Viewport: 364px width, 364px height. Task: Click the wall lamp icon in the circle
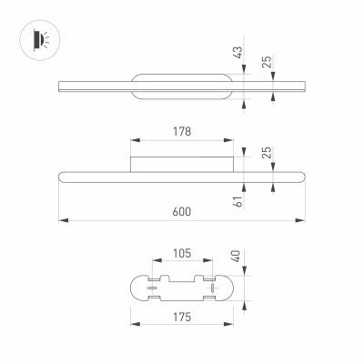pos(41,40)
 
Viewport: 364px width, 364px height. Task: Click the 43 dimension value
pos(238,52)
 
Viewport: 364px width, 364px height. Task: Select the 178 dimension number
pos(182,132)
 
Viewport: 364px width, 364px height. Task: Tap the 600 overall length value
pos(182,211)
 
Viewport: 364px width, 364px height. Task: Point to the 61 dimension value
pos(239,201)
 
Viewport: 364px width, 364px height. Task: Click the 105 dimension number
pos(182,253)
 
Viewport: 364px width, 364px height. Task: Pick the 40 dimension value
pos(236,256)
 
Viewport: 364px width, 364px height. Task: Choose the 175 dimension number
pos(182,318)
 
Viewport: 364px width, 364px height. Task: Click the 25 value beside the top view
pos(268,62)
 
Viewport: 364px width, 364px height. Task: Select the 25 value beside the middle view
pos(268,153)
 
